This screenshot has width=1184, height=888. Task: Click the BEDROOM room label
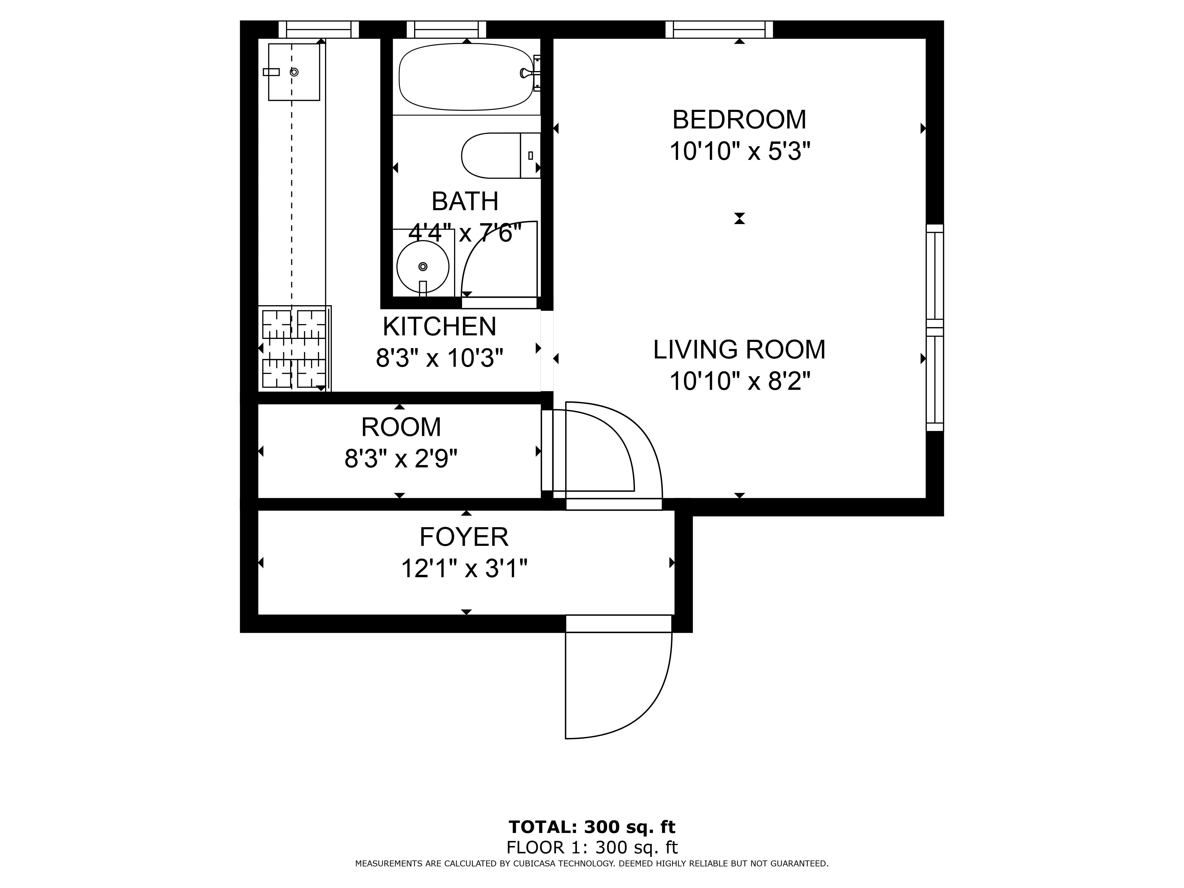click(739, 119)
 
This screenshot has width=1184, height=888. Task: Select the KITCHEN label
click(440, 326)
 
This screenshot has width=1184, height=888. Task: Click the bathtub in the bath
click(466, 77)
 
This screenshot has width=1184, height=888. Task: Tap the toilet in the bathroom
click(501, 155)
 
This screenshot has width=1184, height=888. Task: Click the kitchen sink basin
click(294, 72)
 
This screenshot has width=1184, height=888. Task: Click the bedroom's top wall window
click(719, 29)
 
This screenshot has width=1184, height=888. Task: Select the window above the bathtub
click(446, 29)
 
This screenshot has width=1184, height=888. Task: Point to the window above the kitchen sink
click(319, 29)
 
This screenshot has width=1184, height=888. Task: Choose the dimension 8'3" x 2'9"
click(401, 459)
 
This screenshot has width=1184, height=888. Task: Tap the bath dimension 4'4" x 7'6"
click(465, 233)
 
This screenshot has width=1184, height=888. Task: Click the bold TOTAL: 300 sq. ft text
click(592, 827)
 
